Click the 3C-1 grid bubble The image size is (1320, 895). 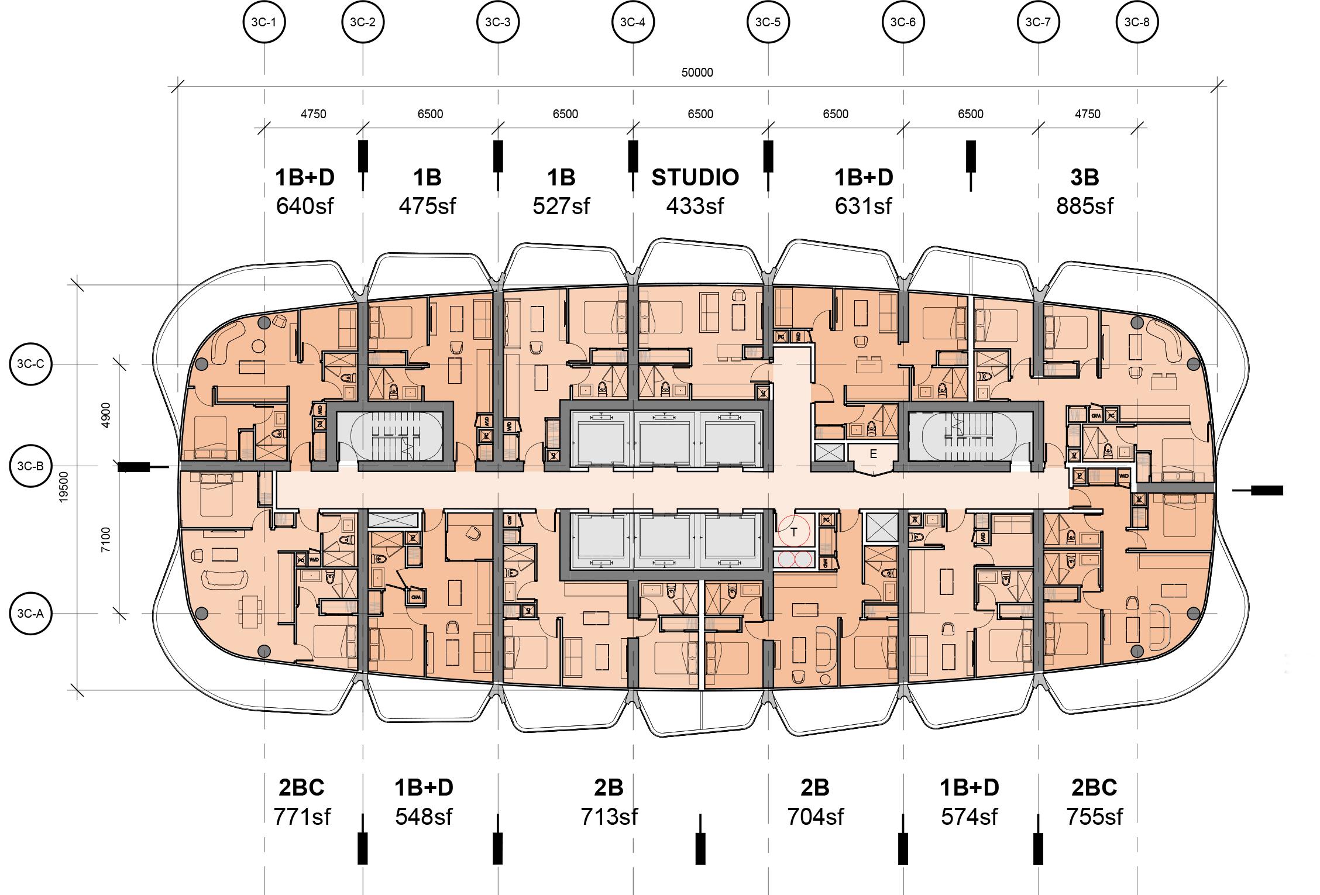click(264, 23)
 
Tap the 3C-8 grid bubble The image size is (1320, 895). click(1137, 23)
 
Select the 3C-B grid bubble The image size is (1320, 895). click(30, 466)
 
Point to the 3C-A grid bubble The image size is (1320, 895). click(30, 614)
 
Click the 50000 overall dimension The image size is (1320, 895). click(697, 73)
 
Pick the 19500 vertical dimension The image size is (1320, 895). click(64, 487)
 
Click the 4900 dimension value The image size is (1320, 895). click(106, 415)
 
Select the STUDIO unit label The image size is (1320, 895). click(695, 177)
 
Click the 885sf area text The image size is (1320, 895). click(1085, 206)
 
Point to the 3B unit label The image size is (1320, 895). click(1085, 177)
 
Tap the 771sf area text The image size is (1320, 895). click(302, 817)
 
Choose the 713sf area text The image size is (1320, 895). click(609, 817)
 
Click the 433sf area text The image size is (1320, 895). click(695, 206)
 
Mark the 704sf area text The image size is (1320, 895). click(815, 817)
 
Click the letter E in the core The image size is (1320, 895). click(873, 454)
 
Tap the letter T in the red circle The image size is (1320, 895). click(794, 532)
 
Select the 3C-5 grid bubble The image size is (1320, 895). click(768, 23)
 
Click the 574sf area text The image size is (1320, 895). click(970, 817)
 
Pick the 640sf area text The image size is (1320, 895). click(304, 206)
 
